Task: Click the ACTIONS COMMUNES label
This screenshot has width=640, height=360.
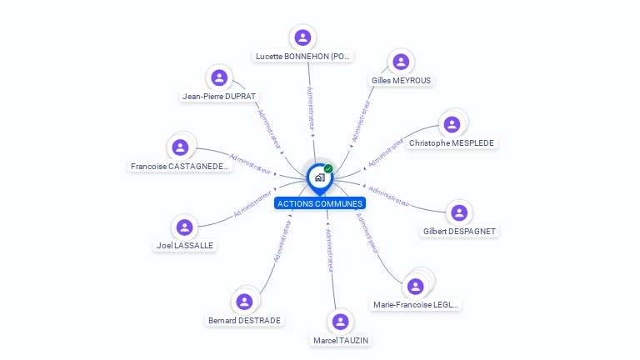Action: pos(320,203)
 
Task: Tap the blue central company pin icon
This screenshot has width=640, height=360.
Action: pos(319,177)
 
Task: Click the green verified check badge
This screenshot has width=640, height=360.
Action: pos(328,169)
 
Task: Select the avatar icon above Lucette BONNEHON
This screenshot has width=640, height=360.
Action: pos(302,37)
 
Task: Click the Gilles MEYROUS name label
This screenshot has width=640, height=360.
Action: pos(402,80)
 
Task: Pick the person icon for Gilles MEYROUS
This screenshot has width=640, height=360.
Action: pos(401,62)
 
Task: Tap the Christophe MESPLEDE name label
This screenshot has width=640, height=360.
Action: pos(452,143)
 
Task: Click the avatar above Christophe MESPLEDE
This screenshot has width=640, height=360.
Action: pos(452,125)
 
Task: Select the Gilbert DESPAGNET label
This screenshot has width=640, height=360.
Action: pos(460,231)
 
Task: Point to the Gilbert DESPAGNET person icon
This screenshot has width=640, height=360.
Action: pos(459,212)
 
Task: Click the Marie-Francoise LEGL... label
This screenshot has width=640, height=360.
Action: pos(416,305)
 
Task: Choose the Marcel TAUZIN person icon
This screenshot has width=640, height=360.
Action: pos(340,322)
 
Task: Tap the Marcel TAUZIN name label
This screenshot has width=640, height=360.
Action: pos(340,340)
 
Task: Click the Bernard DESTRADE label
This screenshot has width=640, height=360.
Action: pos(244,320)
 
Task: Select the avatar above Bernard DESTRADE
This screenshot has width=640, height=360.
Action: pos(244,302)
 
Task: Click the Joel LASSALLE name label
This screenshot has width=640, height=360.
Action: pos(185,246)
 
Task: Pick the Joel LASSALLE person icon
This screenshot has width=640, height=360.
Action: pos(185,227)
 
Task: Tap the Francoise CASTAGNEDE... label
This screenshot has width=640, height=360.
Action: pos(180,167)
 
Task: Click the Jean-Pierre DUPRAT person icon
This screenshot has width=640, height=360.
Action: pos(219,78)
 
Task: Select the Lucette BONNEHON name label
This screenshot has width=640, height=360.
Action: pos(303,56)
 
